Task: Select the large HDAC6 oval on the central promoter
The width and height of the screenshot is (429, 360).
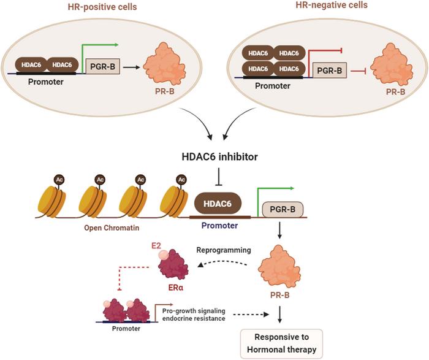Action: [217, 203]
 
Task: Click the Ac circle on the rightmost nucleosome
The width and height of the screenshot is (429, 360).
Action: [181, 179]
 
